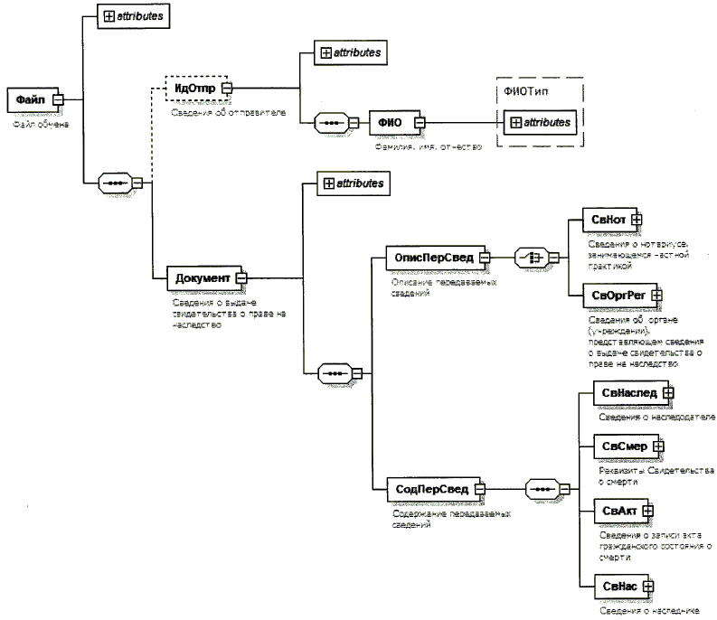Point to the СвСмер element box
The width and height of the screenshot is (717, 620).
tap(623, 446)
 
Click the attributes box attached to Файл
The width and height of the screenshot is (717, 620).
tap(129, 16)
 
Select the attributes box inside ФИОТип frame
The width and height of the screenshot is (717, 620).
tap(538, 121)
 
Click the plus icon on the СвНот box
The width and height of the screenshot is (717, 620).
tap(637, 219)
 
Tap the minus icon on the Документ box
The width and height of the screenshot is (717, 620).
tap(241, 278)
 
